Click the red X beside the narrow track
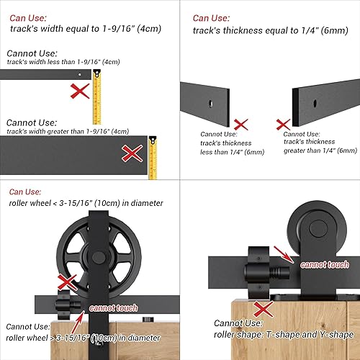click(x=79, y=91)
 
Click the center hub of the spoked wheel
click(x=96, y=257)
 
